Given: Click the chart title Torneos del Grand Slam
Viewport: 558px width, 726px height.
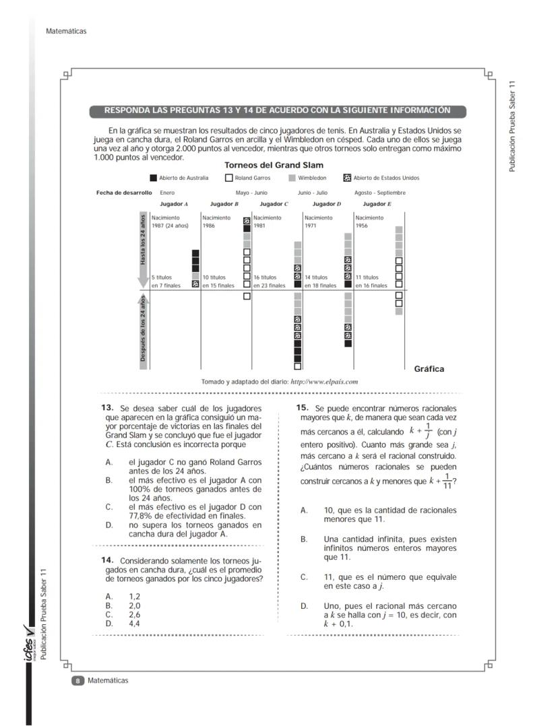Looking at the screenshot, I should click(x=274, y=165).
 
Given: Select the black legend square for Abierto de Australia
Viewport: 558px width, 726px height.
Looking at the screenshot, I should click(x=153, y=178).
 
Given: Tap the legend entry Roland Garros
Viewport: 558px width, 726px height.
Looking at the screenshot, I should click(x=252, y=178).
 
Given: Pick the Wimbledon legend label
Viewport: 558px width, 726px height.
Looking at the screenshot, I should click(x=312, y=178).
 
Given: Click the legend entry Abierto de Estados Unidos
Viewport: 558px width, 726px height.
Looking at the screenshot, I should click(x=386, y=178).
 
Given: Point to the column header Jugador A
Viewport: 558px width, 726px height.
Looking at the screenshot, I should click(x=174, y=203).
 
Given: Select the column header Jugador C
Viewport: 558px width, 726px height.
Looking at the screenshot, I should click(x=274, y=203).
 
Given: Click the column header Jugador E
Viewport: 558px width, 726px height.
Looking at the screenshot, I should click(x=377, y=203).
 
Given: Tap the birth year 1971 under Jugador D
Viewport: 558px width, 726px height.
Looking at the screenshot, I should click(x=311, y=226).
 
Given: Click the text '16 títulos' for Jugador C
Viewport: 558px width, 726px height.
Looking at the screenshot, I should click(x=265, y=277).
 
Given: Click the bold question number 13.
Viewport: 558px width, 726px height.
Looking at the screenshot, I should click(x=106, y=407).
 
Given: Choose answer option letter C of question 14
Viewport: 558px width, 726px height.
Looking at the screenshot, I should click(x=109, y=614).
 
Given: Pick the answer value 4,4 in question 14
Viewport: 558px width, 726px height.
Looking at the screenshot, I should click(x=134, y=623).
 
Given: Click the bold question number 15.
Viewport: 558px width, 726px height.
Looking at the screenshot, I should click(x=302, y=407).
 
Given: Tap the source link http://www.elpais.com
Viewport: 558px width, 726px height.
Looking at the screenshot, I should click(x=323, y=381).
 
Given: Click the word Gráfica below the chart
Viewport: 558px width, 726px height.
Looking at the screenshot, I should click(x=429, y=368).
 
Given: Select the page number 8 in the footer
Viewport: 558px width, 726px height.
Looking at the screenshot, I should click(x=77, y=681).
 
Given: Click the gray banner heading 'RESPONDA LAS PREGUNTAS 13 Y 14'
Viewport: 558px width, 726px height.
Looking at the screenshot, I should click(x=277, y=110).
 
